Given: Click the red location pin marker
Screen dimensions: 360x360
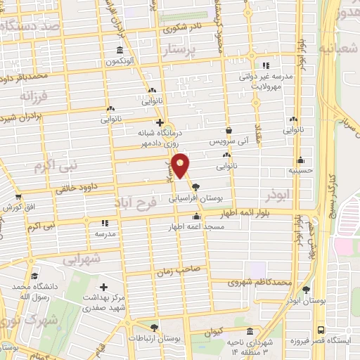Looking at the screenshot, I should (x=181, y=164).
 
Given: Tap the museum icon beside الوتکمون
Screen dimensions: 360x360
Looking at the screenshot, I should (x=120, y=51).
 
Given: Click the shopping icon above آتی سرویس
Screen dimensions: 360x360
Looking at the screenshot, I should (x=229, y=130).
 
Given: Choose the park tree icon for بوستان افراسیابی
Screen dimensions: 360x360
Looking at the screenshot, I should (x=195, y=188).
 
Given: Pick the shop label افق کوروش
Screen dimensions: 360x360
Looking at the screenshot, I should (x=19, y=209).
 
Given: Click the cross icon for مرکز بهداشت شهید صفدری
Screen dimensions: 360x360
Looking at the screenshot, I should (x=104, y=287).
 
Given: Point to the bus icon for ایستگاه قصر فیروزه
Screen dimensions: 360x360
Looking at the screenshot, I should (x=321, y=330).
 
